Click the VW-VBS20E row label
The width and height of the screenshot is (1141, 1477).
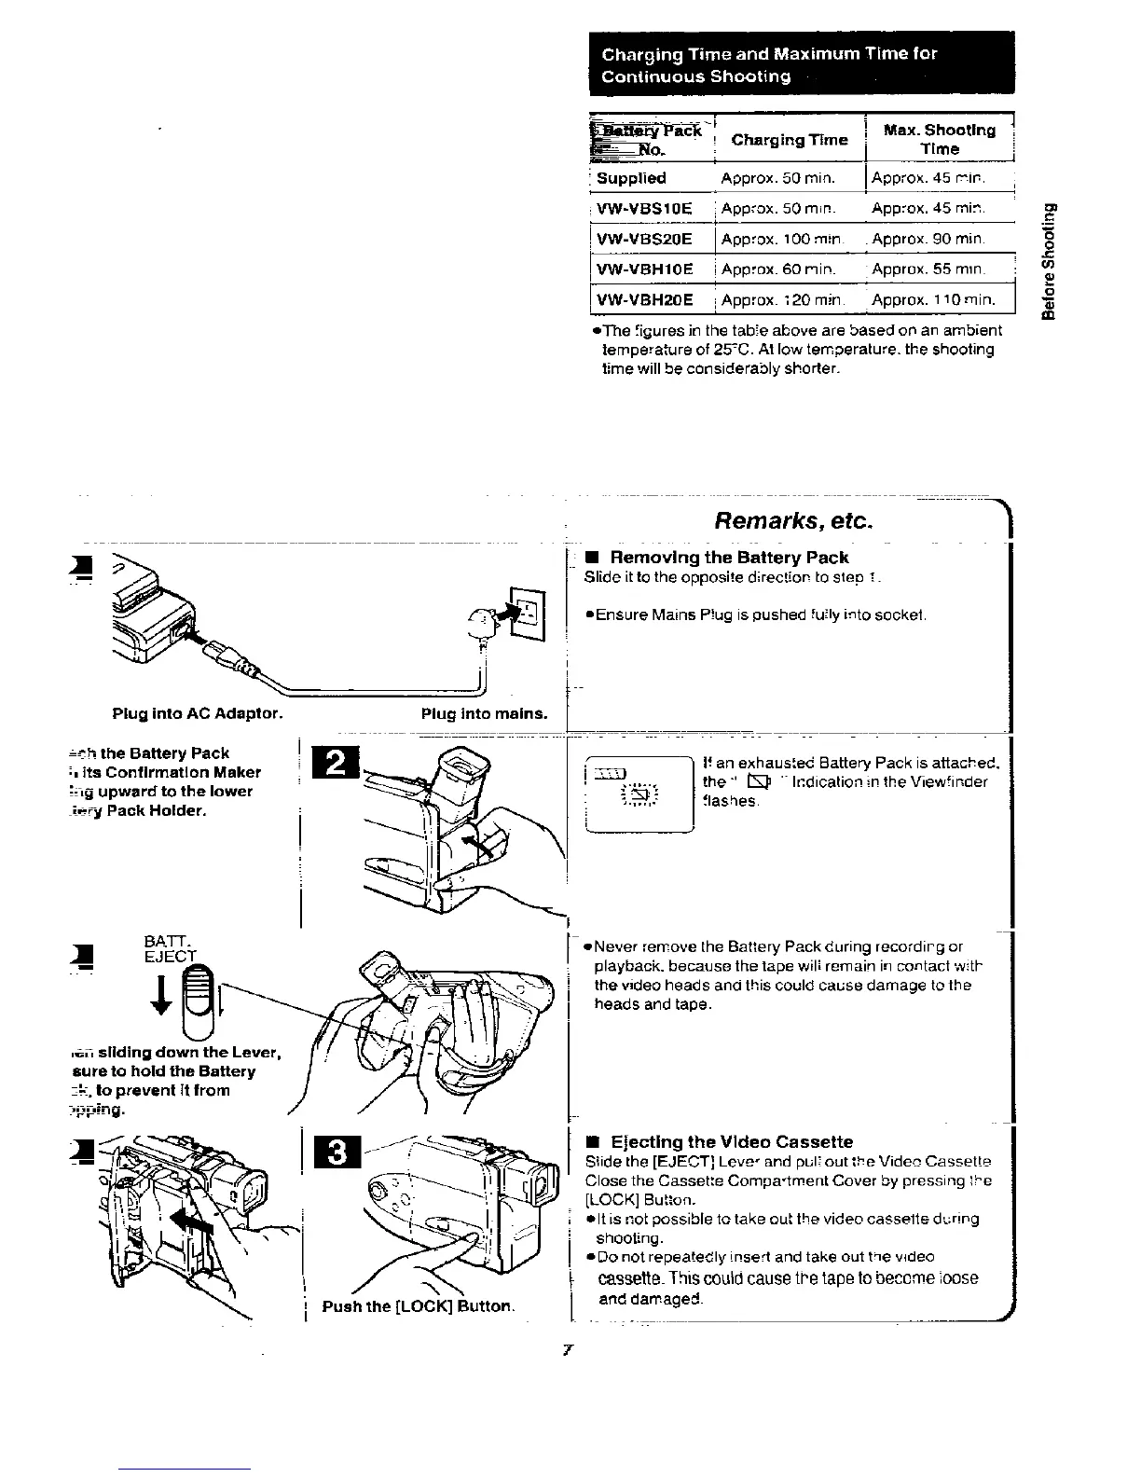[x=644, y=239]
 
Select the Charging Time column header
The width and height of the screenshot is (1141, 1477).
[x=789, y=140]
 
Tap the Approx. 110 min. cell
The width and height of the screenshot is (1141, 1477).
[x=933, y=300]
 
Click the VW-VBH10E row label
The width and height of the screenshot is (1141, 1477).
[x=644, y=269]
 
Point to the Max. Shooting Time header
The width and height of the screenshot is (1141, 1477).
[x=939, y=139]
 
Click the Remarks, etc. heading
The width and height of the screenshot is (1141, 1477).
[x=793, y=520]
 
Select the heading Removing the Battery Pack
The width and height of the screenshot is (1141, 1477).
[x=728, y=558]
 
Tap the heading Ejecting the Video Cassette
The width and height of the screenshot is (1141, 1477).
[x=731, y=1142]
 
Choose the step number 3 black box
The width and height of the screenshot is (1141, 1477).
[x=339, y=1153]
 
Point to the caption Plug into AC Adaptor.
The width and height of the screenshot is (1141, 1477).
[x=197, y=714]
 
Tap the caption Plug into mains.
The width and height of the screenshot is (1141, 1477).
[x=484, y=714]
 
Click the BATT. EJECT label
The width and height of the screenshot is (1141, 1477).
[x=170, y=947]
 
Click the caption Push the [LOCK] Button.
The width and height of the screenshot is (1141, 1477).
[x=417, y=1306]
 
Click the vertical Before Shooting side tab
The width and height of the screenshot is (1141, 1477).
[x=1052, y=262]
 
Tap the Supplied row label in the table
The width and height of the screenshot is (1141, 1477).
[x=631, y=178]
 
